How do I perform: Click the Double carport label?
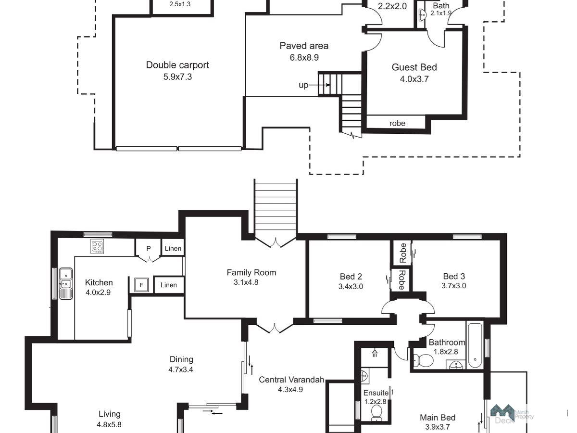pos(177,65)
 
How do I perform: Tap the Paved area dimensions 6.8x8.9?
pos(304,58)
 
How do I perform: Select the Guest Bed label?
pos(414,67)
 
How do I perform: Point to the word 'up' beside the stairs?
pos(303,86)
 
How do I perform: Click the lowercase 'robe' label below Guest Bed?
pos(397,123)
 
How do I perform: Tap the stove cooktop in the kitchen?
pos(97,246)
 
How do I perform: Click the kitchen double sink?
pos(66,283)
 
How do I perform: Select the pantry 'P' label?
pos(149,248)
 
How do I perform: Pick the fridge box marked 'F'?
pos(141,285)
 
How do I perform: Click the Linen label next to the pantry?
pos(173,248)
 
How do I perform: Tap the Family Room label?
pos(251,273)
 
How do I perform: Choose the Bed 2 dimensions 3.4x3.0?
pos(351,286)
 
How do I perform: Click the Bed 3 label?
pos(454,276)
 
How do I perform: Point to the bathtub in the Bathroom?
pos(475,345)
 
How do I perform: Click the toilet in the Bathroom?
pos(423,360)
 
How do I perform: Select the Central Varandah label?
pos(291,380)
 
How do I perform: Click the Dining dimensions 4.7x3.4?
pos(181,369)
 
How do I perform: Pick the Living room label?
pos(110,414)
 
